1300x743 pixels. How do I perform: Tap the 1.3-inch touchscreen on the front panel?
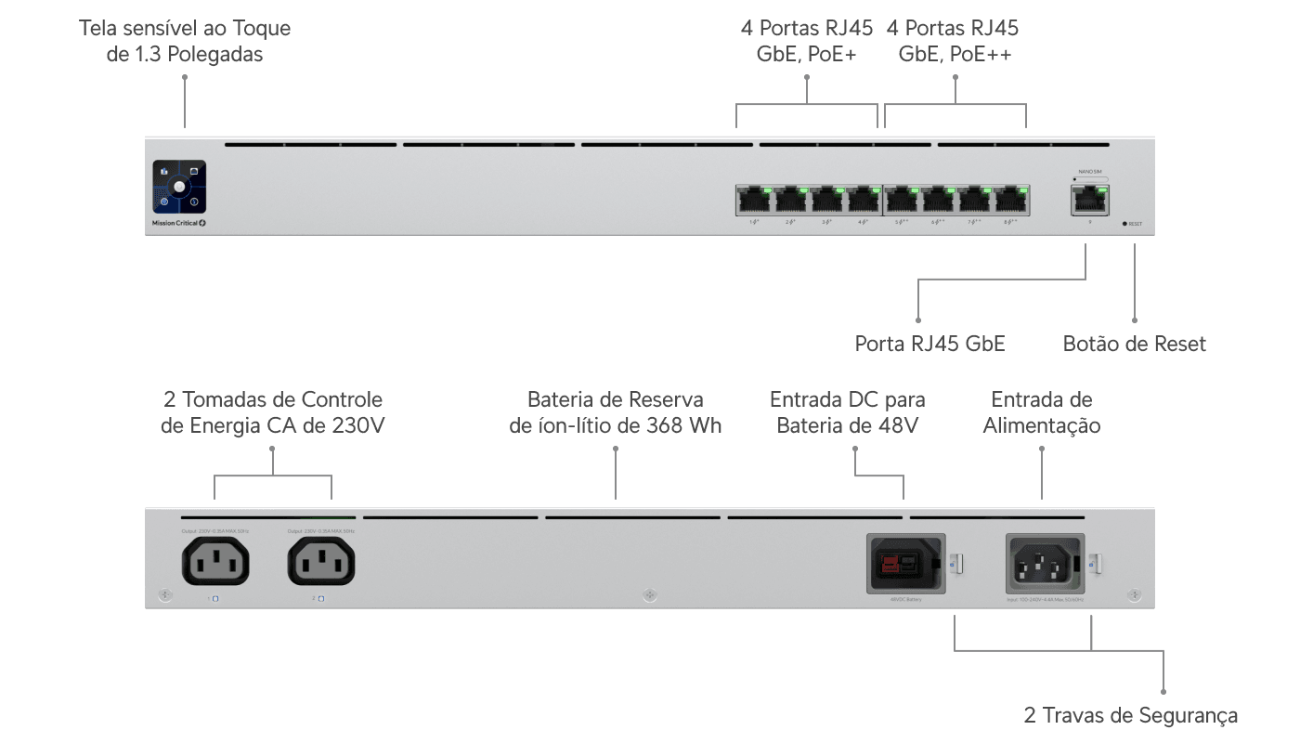tap(179, 187)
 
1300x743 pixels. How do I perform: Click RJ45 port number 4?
tap(864, 199)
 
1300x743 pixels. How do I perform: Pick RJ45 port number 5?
tap(902, 199)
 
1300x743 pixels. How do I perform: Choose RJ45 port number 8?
tap(1012, 199)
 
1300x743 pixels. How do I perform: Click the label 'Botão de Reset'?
tap(1134, 345)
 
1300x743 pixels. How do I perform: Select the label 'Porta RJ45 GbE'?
tap(929, 345)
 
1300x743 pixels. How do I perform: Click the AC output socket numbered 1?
tap(215, 562)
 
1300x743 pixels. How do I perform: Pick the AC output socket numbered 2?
tap(321, 562)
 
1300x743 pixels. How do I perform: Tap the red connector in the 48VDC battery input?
tap(892, 563)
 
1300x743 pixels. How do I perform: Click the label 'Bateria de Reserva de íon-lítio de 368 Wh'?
tap(615, 413)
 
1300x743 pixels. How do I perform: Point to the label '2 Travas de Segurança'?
tap(1131, 715)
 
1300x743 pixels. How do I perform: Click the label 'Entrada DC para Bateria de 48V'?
tap(847, 413)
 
